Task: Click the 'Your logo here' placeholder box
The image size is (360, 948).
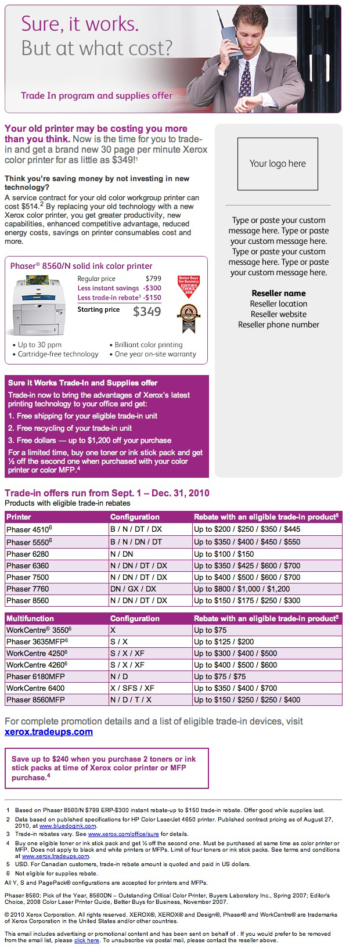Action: click(278, 164)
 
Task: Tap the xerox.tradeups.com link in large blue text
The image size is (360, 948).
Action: click(49, 732)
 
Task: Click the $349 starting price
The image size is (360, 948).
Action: click(147, 312)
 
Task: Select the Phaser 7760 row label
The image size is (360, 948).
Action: click(27, 589)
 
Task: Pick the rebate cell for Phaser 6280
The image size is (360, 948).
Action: click(224, 554)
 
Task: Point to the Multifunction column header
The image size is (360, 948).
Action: click(30, 618)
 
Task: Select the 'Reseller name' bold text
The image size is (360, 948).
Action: click(278, 293)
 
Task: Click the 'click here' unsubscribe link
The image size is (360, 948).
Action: click(87, 940)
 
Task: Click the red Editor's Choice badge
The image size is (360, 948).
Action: click(187, 286)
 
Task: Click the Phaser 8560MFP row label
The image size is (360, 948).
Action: click(35, 700)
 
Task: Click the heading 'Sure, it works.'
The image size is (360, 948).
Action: click(80, 24)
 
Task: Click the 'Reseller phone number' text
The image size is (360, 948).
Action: click(278, 325)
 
